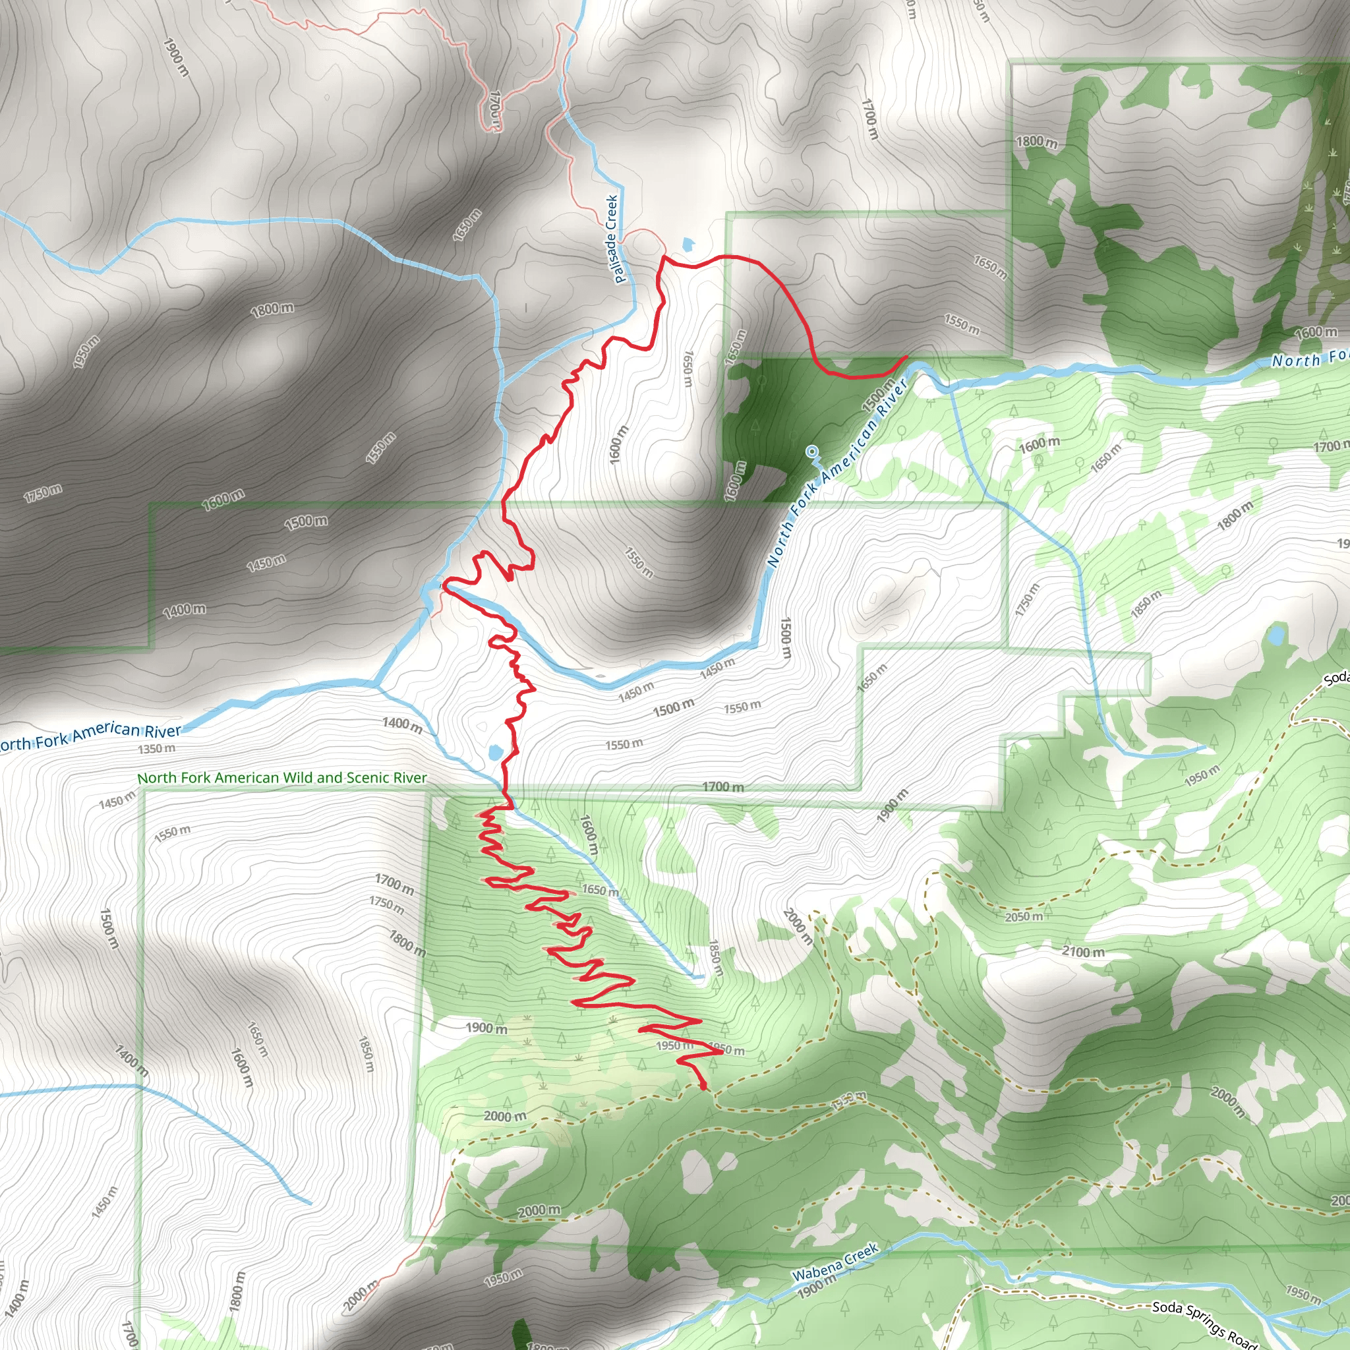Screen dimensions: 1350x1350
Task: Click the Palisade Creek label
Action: [612, 239]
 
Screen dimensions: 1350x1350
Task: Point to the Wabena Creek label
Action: [835, 1261]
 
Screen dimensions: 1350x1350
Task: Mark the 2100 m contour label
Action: [1083, 952]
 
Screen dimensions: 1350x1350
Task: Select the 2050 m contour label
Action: [1024, 917]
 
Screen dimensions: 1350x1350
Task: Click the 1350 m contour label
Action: [156, 748]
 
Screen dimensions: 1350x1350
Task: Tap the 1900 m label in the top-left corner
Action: [176, 57]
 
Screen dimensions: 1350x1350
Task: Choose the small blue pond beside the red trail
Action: [496, 753]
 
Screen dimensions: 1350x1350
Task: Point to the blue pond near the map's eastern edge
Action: [1276, 636]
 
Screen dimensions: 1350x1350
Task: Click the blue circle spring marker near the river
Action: [811, 451]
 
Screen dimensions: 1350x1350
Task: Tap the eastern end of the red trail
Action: [906, 357]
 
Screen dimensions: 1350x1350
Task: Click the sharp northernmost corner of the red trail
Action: [662, 257]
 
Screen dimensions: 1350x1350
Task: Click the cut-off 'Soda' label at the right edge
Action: [1336, 678]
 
